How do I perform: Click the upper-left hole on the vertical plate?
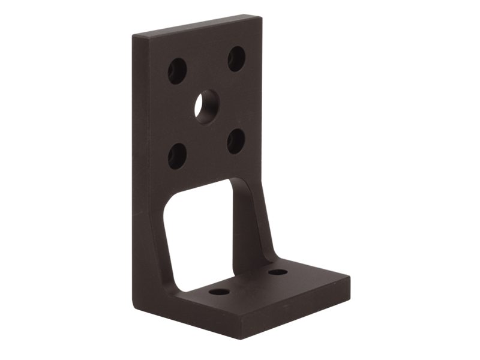[177, 71]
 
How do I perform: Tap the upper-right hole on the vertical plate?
[236, 59]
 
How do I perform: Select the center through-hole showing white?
[206, 107]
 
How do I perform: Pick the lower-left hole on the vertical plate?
[177, 156]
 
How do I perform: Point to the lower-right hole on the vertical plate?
[236, 141]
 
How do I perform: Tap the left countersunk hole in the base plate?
[219, 292]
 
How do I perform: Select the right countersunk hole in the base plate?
[277, 272]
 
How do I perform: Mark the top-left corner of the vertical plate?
[133, 37]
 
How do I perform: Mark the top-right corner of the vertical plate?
[260, 16]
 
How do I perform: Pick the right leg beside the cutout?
[247, 228]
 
